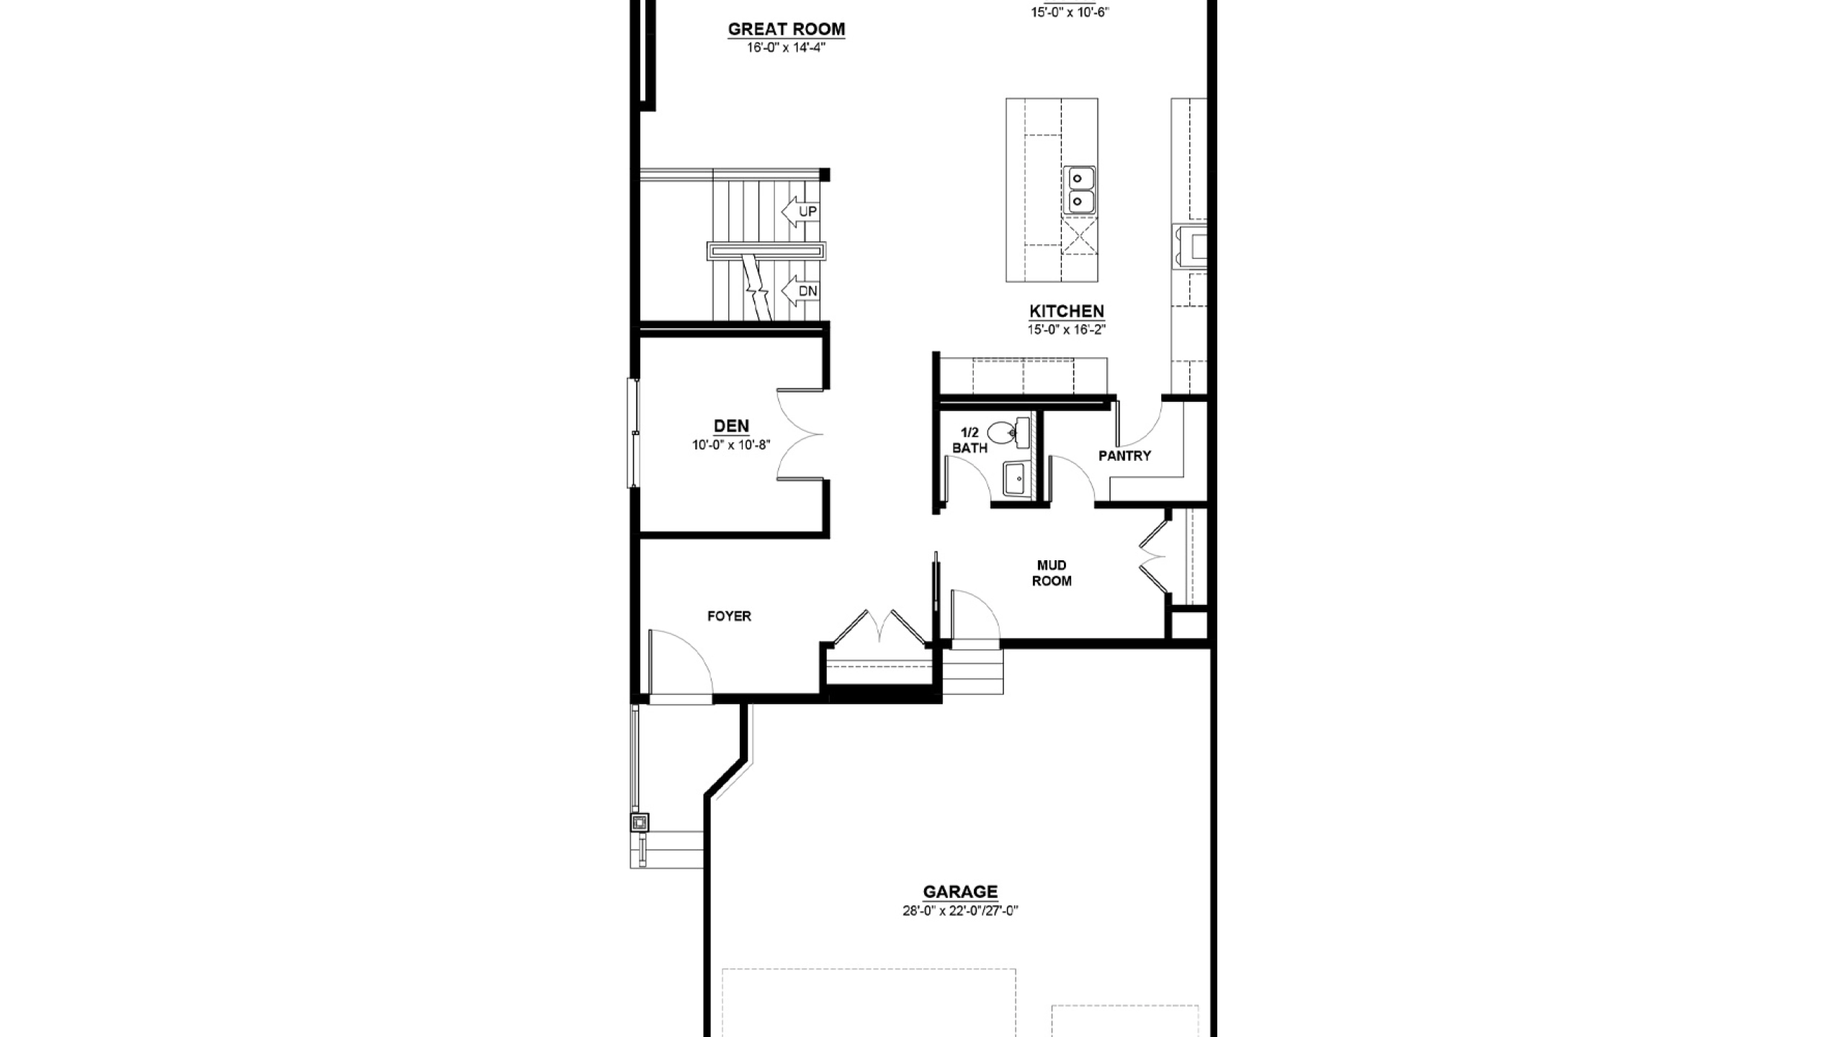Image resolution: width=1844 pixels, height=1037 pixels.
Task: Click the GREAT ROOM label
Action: [x=786, y=30]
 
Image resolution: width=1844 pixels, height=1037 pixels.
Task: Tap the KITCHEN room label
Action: [x=1066, y=311]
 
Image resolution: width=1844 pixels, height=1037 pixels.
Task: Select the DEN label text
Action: [x=731, y=426]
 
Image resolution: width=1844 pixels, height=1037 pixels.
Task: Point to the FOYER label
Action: [x=729, y=616]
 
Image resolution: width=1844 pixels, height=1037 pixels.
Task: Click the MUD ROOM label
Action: [x=1052, y=573]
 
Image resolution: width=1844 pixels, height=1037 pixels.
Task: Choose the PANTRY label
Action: [x=1124, y=455]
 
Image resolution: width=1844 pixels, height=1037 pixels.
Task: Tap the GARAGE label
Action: [x=960, y=892]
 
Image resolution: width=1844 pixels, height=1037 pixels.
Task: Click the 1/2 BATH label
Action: [x=970, y=440]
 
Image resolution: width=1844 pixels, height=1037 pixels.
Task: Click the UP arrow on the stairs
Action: [x=800, y=211]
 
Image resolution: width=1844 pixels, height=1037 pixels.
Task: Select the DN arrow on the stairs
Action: [x=800, y=291]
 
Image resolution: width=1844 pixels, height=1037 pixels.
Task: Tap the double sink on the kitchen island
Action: [x=1078, y=189]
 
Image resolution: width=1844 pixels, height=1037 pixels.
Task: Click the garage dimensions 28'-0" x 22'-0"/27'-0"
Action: [x=960, y=911]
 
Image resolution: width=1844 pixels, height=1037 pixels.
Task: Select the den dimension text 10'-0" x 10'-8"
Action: [x=731, y=445]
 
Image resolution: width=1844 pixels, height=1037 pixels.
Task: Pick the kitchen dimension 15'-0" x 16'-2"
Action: [x=1066, y=330]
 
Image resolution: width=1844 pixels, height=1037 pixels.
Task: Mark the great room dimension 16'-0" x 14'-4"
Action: [x=786, y=48]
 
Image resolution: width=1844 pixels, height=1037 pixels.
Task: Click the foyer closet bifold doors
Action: [x=880, y=627]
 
